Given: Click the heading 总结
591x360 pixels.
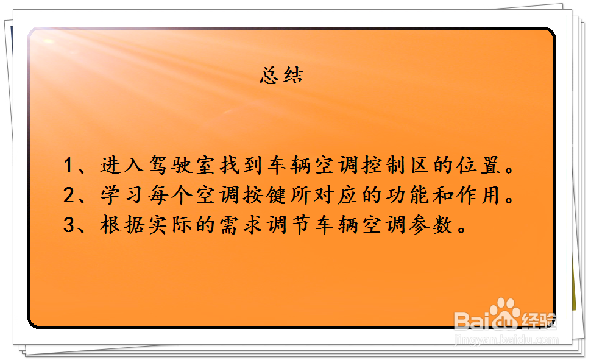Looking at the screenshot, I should (281, 76).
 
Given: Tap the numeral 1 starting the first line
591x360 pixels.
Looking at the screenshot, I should (69, 166).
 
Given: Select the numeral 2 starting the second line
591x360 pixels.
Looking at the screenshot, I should (69, 196).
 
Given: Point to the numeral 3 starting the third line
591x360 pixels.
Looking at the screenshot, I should (69, 225).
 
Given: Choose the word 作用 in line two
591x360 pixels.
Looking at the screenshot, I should (485, 196).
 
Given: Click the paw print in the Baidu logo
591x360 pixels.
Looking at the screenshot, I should (505, 312).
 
